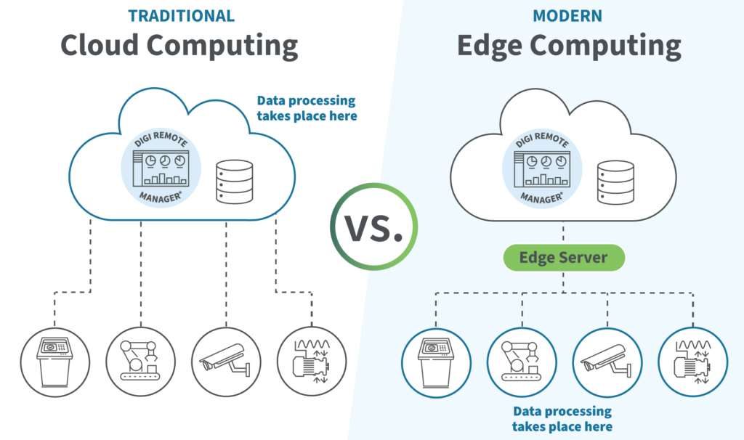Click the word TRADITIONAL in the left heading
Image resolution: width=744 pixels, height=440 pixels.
tap(181, 16)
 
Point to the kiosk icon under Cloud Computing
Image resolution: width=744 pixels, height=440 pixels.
tap(55, 362)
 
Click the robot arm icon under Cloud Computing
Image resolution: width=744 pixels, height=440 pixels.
tap(140, 362)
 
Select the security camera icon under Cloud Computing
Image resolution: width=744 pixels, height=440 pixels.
tap(226, 362)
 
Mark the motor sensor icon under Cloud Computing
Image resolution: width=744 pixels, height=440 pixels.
tap(312, 362)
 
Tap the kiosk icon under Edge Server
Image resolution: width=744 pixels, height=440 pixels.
tap(434, 362)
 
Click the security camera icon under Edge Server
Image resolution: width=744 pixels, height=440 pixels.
tap(605, 362)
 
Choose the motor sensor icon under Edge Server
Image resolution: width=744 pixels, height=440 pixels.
tap(692, 362)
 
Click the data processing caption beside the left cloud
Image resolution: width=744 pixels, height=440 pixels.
tap(306, 108)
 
